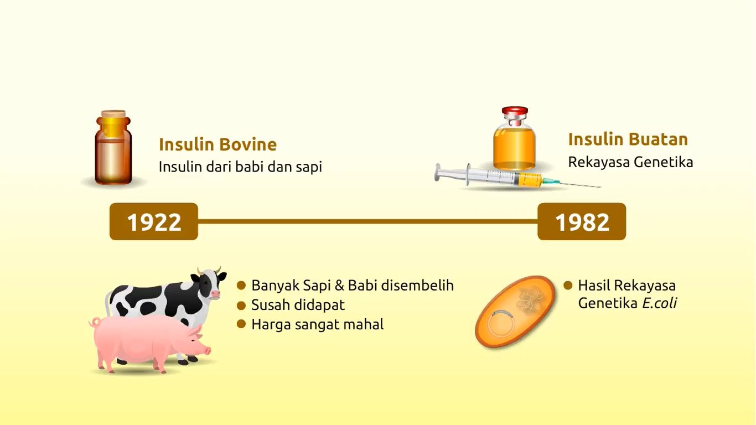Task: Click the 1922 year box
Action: (154, 221)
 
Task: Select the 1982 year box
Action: (582, 221)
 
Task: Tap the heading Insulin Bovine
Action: (218, 144)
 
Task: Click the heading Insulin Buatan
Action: (628, 139)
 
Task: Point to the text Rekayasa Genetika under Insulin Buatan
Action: (630, 162)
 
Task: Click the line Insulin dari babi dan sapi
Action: (240, 167)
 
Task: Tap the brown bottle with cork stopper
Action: (113, 148)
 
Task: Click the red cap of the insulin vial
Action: (515, 111)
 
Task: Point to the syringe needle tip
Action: (600, 186)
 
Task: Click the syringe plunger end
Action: (438, 172)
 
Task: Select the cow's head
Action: (209, 283)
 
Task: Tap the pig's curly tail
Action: (94, 322)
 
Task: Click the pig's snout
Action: (208, 351)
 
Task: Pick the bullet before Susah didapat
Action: (241, 305)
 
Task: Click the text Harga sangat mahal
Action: (317, 324)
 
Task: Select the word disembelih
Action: (417, 285)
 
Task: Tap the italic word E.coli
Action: (659, 303)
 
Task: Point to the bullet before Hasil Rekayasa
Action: (568, 286)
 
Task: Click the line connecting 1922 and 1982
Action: (368, 221)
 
